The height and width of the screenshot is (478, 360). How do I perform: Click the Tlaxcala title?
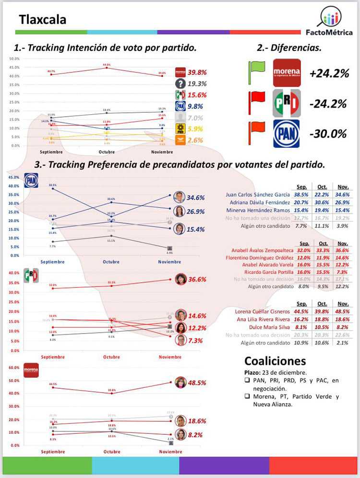click(x=43, y=20)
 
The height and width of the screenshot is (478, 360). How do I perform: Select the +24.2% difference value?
click(x=329, y=73)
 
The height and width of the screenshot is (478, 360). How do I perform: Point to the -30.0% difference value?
click(x=328, y=133)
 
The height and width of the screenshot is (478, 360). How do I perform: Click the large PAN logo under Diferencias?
click(x=287, y=133)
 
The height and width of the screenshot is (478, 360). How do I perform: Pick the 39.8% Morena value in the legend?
click(x=197, y=72)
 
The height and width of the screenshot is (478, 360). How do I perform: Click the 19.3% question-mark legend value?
click(x=197, y=83)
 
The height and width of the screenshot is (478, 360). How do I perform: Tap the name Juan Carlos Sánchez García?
click(x=258, y=195)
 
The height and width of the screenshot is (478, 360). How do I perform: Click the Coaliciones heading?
click(x=275, y=361)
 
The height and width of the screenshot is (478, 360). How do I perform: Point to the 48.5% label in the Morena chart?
click(x=197, y=383)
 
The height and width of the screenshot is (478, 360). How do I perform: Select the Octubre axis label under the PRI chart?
click(x=111, y=357)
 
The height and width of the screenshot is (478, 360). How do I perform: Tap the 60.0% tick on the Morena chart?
click(x=14, y=368)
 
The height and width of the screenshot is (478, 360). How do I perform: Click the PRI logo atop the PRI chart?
click(x=31, y=275)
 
